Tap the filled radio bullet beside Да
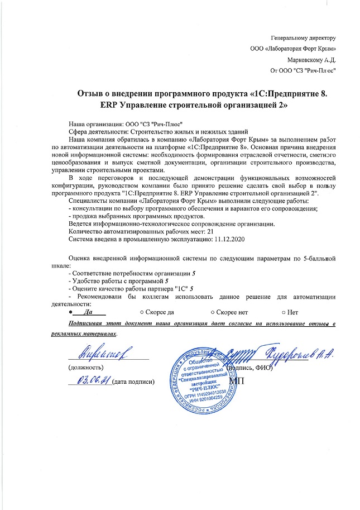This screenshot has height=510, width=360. tap(70, 312)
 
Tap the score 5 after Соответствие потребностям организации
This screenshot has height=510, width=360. tap(193, 272)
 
